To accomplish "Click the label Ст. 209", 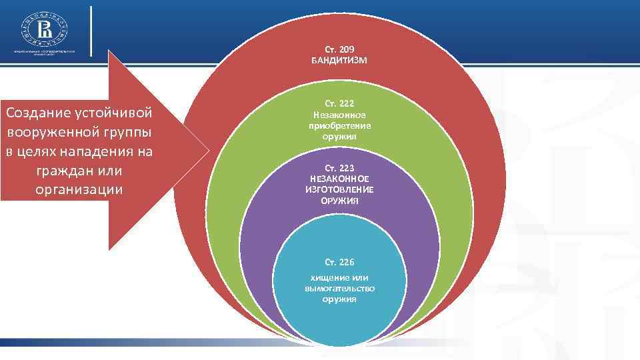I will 339,50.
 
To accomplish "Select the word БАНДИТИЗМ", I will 339,61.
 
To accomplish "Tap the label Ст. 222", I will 339,104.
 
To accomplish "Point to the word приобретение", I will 339,125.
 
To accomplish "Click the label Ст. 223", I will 339,169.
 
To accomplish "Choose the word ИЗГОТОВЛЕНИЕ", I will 339,189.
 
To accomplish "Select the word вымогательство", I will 339,288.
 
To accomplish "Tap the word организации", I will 78,189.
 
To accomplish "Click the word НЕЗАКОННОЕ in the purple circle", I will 339,179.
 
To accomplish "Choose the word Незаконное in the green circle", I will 339,115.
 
